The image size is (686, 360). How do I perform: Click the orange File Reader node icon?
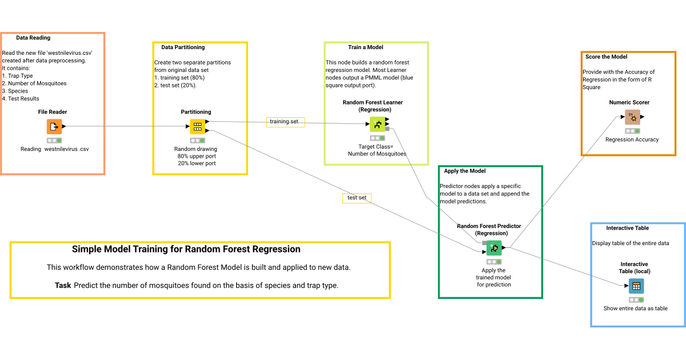click(x=54, y=126)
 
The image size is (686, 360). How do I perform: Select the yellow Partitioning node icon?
click(x=197, y=126)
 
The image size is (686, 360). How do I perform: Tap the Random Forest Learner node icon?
click(x=377, y=124)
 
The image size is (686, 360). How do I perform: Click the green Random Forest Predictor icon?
click(x=493, y=247)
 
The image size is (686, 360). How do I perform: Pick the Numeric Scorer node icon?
click(x=632, y=117)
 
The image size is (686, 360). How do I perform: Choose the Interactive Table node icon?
click(x=636, y=286)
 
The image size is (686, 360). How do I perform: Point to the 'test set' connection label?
click(x=357, y=198)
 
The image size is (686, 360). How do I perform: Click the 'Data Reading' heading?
click(x=33, y=38)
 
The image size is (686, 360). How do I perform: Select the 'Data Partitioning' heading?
click(x=183, y=47)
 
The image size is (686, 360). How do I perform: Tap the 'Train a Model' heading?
click(x=365, y=47)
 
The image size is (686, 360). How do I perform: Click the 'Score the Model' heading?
click(x=606, y=57)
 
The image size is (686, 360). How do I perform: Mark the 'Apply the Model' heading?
click(x=464, y=171)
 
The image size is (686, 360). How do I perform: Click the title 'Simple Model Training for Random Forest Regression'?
click(x=186, y=249)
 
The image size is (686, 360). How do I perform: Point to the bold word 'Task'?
click(x=63, y=285)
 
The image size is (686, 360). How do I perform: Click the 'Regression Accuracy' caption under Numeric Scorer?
click(x=632, y=139)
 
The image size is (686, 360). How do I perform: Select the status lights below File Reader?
click(x=54, y=141)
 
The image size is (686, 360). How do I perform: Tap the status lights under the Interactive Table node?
click(x=636, y=299)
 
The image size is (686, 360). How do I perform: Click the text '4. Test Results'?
click(x=21, y=98)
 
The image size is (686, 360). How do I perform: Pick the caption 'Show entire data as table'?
click(x=635, y=309)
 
